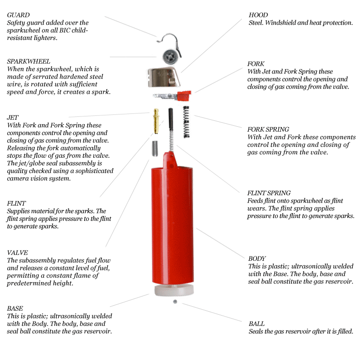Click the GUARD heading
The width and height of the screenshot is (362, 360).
coord(18,15)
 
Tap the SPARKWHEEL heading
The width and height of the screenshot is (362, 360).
coord(29,62)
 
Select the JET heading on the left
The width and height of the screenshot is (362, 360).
coord(13,117)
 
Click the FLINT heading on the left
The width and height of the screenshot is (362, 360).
coord(16,204)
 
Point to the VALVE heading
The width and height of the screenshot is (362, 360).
coord(17,252)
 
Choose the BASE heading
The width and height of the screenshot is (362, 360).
coord(15,308)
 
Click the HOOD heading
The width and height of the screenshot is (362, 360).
coord(258,15)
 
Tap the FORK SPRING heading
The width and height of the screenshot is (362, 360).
coord(268,129)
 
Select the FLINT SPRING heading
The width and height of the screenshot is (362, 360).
coord(269,193)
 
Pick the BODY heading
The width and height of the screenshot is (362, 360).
coord(257,258)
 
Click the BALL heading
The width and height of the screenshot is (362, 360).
coord(257,324)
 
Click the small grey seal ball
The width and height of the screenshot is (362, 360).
coord(175,301)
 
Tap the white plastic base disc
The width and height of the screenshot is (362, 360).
coord(174,290)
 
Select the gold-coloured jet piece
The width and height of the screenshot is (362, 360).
coord(156,121)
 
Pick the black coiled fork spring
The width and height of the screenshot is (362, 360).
coord(186,122)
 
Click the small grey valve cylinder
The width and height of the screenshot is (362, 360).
coord(155,148)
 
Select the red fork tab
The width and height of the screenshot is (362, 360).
coord(184,96)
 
